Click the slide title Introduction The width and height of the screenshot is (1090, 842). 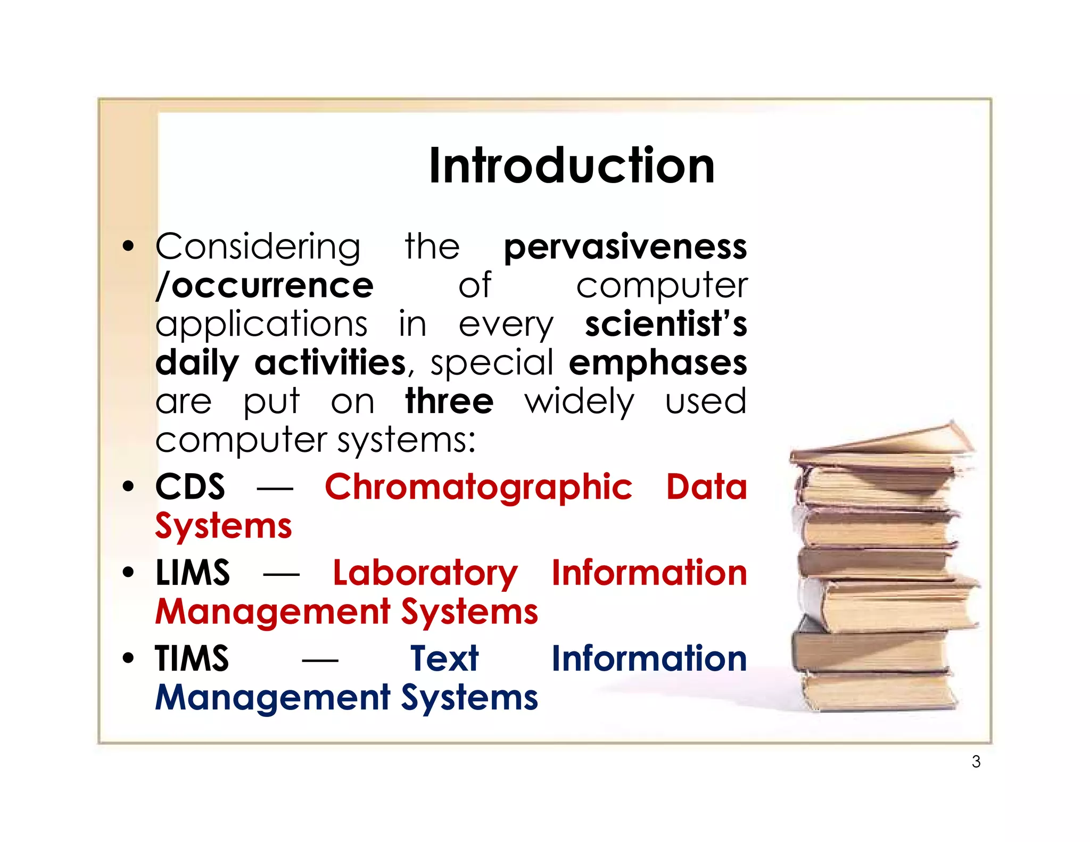[x=572, y=166]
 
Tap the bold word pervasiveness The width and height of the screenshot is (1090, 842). [x=625, y=247]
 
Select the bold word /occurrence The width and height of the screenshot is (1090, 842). [x=265, y=286]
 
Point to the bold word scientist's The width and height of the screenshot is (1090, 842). [x=666, y=324]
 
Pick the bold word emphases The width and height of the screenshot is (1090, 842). [x=658, y=363]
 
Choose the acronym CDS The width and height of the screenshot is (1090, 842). [x=190, y=486]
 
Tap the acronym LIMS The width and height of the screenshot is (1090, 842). [x=193, y=573]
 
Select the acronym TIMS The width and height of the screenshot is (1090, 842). [x=192, y=658]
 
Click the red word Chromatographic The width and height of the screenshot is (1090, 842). [x=478, y=488]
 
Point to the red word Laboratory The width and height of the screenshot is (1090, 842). [x=425, y=574]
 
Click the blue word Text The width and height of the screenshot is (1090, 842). [x=444, y=658]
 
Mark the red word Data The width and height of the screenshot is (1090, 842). [x=706, y=486]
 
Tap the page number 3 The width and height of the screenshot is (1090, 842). [x=976, y=762]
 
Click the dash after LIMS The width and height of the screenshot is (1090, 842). [x=281, y=574]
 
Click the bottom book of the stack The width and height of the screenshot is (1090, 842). [x=878, y=692]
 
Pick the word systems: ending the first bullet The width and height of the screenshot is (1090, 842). [x=407, y=441]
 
